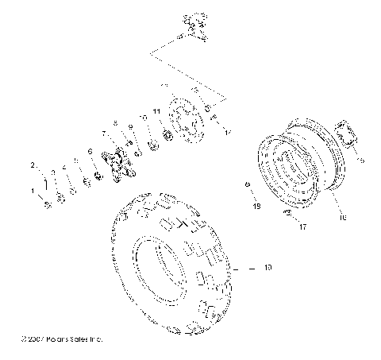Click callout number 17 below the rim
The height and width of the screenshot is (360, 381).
(x=303, y=226)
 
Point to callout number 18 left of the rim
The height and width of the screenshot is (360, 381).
(x=256, y=206)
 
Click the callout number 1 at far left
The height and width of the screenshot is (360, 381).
(x=34, y=192)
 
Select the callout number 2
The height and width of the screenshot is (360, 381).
(x=33, y=165)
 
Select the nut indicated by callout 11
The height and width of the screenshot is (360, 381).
(x=168, y=134)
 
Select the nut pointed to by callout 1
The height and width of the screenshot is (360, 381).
(x=48, y=204)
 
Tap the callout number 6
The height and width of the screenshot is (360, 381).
(x=90, y=150)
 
